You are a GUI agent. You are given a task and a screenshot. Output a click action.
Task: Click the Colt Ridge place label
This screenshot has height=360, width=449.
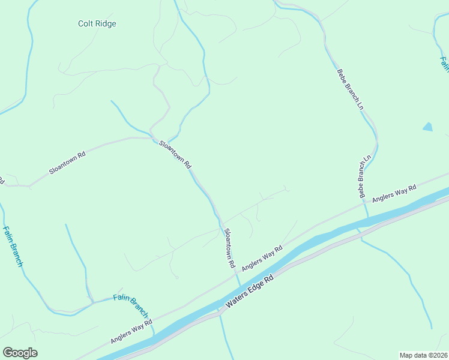tap(97, 24)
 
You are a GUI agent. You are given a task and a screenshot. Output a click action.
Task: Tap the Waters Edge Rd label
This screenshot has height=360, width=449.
tap(249, 292)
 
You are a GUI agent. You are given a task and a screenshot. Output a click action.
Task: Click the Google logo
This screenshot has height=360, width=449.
tap(20, 353)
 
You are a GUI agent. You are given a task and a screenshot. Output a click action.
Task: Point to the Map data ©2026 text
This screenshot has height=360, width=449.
tap(423, 355)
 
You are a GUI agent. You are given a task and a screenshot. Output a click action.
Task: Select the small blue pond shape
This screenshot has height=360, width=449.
tap(427, 127)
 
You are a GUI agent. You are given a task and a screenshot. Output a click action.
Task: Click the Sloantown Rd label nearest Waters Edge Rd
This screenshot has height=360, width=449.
tap(229, 248)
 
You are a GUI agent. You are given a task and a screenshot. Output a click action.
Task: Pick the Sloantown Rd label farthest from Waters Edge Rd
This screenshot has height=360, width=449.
tap(67, 162)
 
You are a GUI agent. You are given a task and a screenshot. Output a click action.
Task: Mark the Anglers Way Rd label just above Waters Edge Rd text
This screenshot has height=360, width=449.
tap(262, 258)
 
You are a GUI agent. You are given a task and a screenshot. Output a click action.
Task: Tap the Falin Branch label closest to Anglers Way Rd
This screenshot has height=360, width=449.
tap(131, 306)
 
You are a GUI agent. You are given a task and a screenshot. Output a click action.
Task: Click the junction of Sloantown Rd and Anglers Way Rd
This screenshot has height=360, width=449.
tap(234, 276)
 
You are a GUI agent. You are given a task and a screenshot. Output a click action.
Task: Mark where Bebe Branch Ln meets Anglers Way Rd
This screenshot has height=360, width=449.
tap(364, 203)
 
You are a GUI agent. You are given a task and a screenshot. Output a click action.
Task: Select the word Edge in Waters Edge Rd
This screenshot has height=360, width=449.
tap(252, 291)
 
